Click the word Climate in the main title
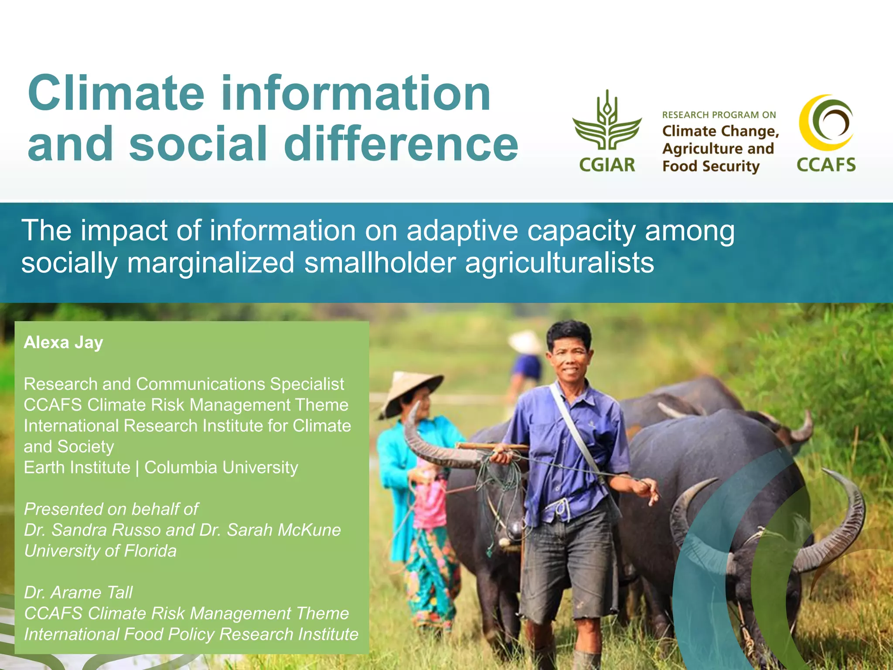tap(116, 93)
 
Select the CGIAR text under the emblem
tap(607, 165)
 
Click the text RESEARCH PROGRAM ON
tap(719, 115)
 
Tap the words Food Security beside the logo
tap(711, 166)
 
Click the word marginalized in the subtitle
tap(211, 263)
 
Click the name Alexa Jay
tap(64, 342)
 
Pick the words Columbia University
tap(221, 467)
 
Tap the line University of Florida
tap(100, 550)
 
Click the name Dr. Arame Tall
tap(78, 592)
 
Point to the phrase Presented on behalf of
tap(111, 509)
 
